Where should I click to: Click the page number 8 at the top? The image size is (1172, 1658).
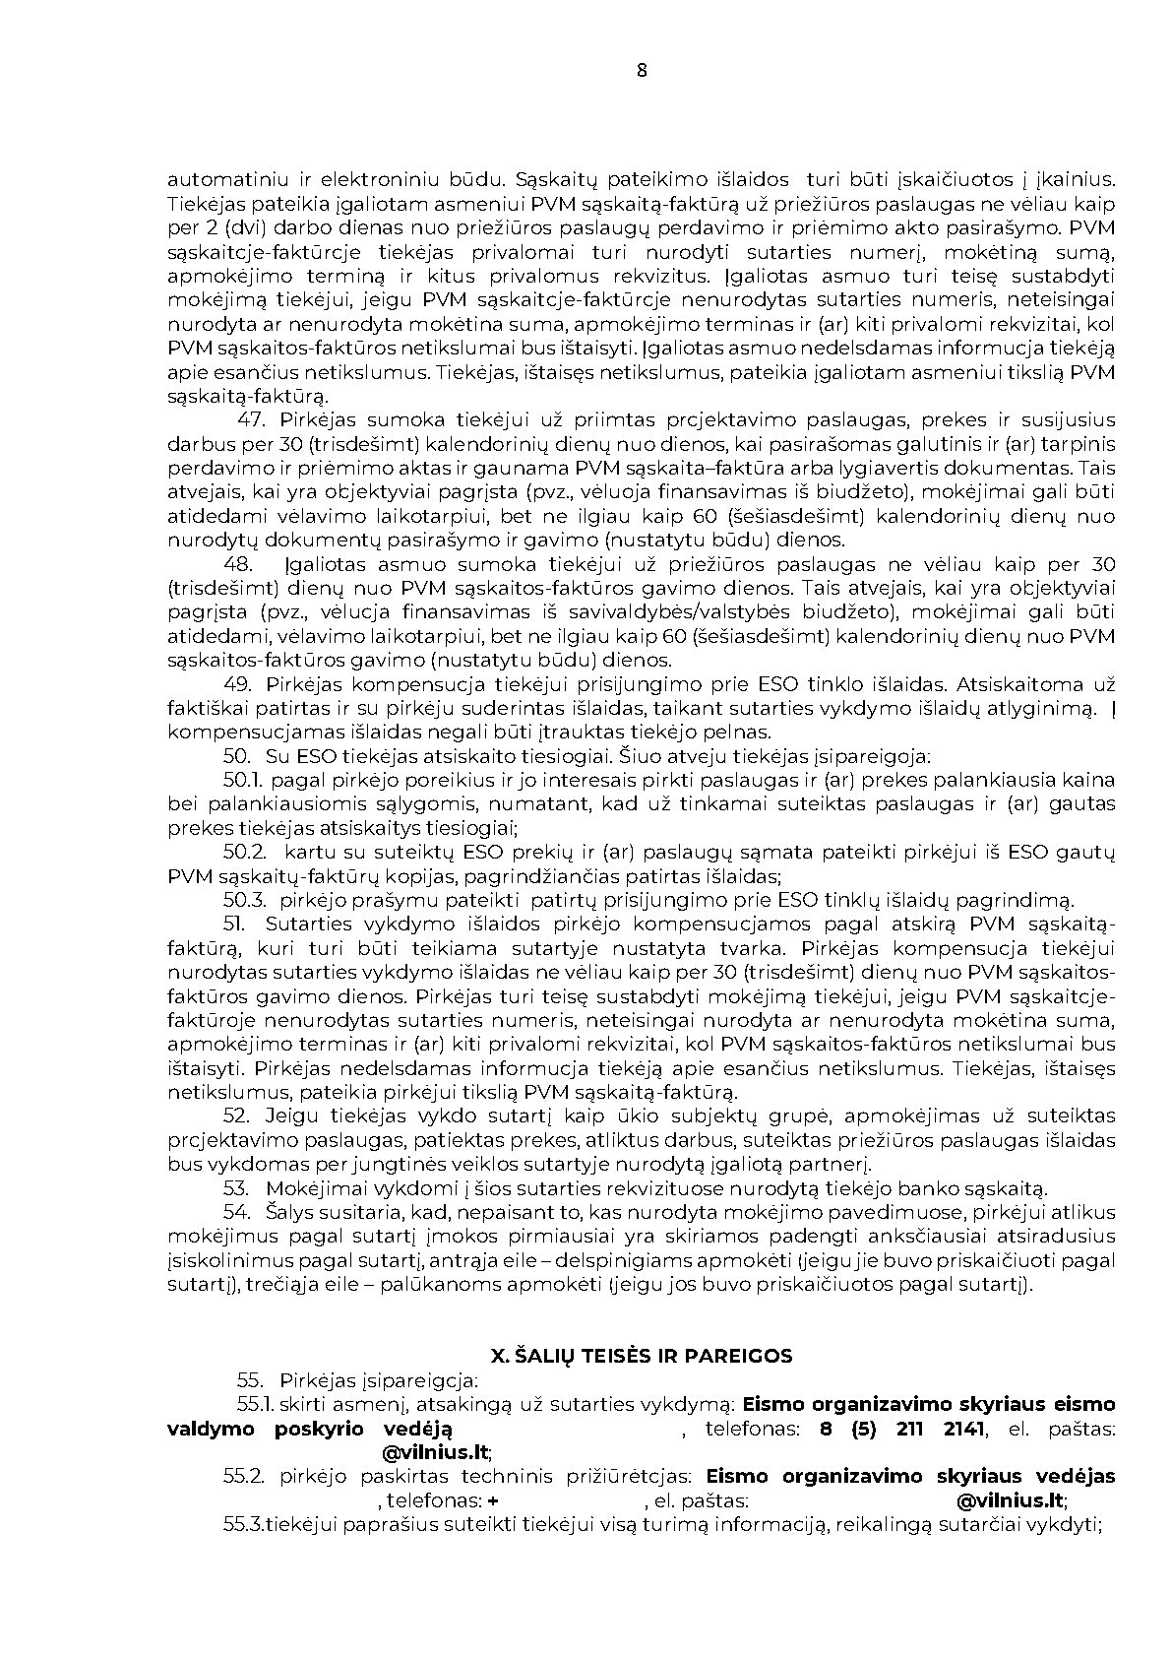(x=642, y=70)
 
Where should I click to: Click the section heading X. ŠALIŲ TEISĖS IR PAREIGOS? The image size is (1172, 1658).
(x=642, y=1356)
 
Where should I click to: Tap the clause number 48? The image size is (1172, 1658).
(x=239, y=564)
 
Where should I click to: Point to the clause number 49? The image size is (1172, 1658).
(x=239, y=684)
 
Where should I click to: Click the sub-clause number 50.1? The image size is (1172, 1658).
(x=241, y=780)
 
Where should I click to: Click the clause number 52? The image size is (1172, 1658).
(x=237, y=1116)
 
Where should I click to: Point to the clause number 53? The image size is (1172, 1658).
(x=237, y=1188)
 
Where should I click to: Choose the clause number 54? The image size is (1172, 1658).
(x=237, y=1212)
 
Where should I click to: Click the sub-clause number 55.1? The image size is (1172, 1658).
(x=255, y=1404)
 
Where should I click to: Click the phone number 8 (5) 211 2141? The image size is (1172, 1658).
(x=901, y=1429)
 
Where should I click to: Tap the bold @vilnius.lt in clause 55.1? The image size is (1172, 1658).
(x=436, y=1452)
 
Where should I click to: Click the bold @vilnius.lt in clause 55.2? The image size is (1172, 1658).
(x=1011, y=1500)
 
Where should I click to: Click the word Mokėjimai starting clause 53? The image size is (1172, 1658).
(x=313, y=1188)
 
